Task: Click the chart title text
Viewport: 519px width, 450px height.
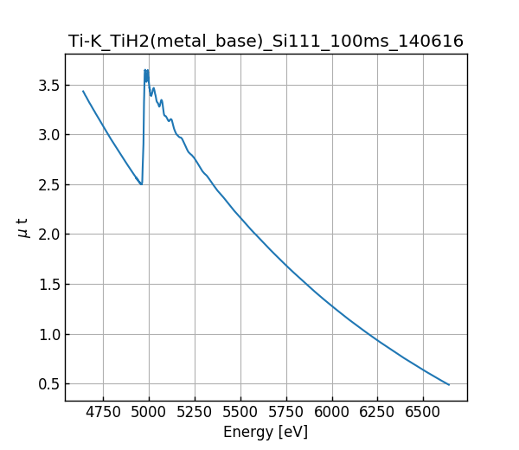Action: pos(266,41)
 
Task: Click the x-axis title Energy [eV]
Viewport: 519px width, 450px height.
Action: pos(266,432)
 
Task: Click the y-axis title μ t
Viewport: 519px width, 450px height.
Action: pos(22,228)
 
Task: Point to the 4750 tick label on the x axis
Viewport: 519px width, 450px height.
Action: pos(103,413)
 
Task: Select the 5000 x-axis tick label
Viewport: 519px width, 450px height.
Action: pos(149,413)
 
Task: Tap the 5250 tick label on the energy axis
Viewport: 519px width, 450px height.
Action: pos(195,413)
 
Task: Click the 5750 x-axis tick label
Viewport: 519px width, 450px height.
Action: pos(285,413)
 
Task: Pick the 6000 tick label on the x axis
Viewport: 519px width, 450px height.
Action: pos(331,413)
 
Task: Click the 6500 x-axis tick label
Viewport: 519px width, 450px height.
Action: pos(422,413)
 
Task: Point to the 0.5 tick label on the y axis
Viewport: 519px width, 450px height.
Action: pos(48,384)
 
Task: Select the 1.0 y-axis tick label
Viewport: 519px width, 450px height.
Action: pos(48,334)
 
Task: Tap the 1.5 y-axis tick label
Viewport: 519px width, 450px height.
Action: pos(48,285)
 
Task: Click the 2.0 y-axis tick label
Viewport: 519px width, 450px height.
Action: pos(48,235)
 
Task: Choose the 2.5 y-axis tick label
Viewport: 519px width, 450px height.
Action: pos(48,184)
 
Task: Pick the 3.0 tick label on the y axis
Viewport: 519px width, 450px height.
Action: pos(48,135)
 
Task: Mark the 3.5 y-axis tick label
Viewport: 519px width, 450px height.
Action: pos(48,85)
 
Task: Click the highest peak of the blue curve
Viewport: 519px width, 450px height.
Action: pos(145,70)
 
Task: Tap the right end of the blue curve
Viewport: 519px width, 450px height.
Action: pos(449,384)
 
